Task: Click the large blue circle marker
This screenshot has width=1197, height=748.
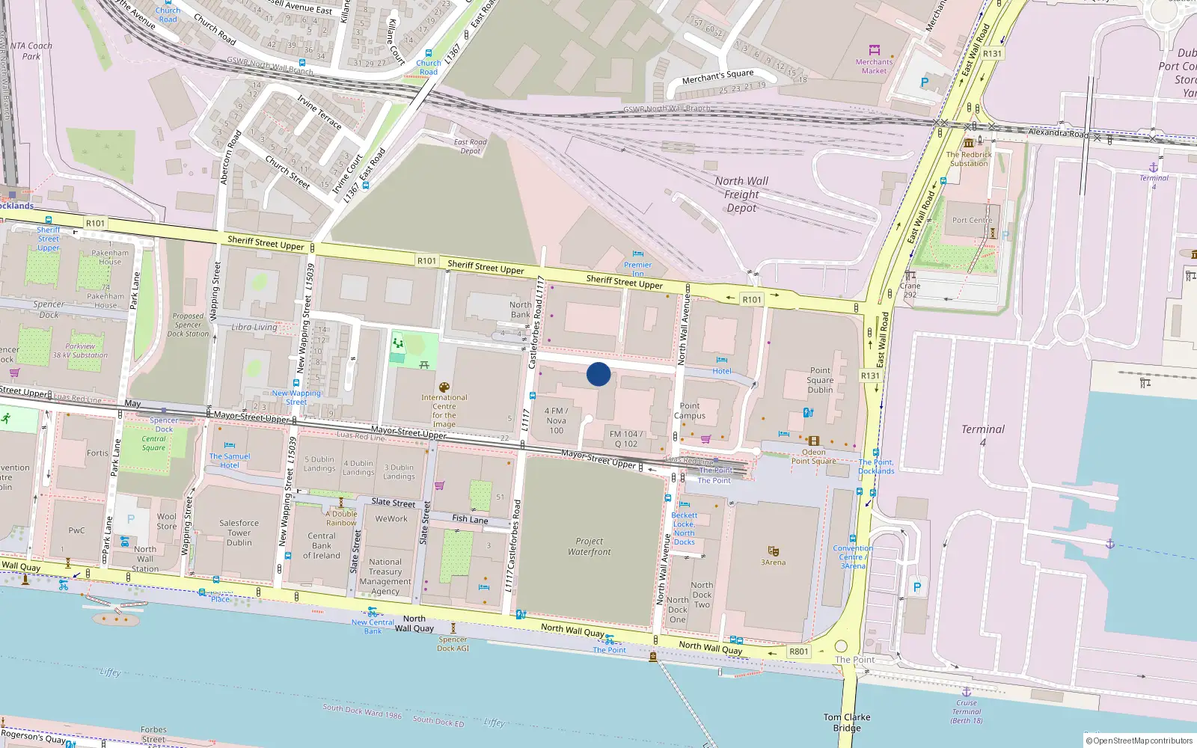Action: click(x=598, y=374)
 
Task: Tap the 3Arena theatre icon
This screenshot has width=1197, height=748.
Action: click(x=773, y=551)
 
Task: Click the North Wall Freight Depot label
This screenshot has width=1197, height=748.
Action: click(x=741, y=194)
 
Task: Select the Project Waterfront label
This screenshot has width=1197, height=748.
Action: click(x=589, y=546)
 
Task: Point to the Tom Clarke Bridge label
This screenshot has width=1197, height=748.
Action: click(x=847, y=722)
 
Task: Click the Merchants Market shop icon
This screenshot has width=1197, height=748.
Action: click(x=874, y=50)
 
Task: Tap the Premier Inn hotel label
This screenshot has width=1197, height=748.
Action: click(x=637, y=269)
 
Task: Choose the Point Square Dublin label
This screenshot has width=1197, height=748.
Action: click(x=820, y=380)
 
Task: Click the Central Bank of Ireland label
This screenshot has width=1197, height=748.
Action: click(x=322, y=545)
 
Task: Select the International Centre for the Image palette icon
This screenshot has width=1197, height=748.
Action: click(x=444, y=387)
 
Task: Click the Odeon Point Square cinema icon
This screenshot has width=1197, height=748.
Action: click(x=814, y=441)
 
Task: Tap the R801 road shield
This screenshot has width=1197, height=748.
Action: click(x=798, y=652)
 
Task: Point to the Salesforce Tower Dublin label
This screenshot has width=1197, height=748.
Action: click(x=239, y=533)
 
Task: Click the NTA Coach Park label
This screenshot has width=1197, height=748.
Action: click(x=31, y=51)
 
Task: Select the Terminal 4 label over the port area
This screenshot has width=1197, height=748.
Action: click(x=983, y=435)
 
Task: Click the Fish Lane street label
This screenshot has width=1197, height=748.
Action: click(x=470, y=518)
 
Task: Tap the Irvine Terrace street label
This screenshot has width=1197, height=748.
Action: click(x=319, y=111)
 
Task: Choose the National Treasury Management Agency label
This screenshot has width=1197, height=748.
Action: click(x=385, y=576)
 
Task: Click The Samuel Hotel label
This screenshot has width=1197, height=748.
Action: click(x=230, y=461)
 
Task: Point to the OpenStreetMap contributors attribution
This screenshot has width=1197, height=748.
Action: click(x=1139, y=741)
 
